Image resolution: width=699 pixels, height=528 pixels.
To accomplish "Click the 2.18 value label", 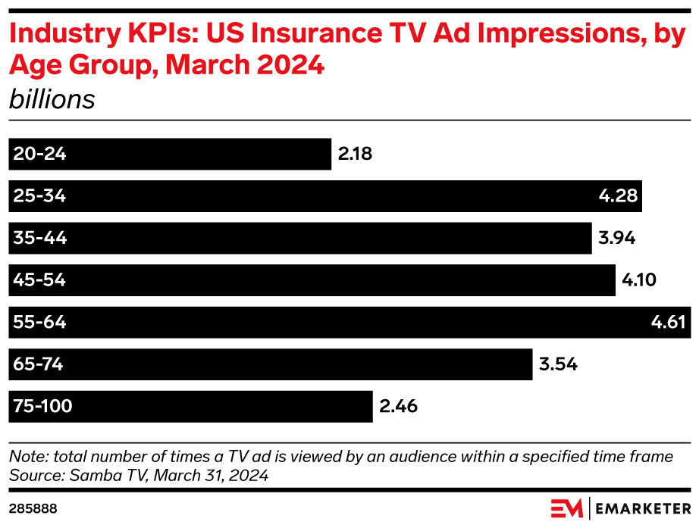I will click(355, 155).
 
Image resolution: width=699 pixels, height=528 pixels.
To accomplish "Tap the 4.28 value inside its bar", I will click(618, 196).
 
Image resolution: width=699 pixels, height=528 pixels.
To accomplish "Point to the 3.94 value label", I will click(616, 239).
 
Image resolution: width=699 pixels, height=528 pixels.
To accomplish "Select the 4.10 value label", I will click(638, 280).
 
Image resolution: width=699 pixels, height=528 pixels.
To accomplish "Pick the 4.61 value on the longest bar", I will click(668, 323).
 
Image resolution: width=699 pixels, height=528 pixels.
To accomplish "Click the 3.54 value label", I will click(558, 364).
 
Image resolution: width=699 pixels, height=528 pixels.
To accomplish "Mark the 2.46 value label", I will click(398, 407).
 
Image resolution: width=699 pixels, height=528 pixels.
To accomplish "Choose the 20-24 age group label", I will click(39, 155).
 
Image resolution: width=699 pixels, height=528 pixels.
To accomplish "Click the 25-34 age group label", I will click(39, 196).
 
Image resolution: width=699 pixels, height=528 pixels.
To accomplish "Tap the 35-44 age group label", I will click(40, 239).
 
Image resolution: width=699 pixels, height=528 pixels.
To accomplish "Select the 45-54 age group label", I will click(39, 280).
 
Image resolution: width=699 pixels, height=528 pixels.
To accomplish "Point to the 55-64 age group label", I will click(39, 323).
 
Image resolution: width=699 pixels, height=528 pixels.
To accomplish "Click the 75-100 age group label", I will click(43, 407).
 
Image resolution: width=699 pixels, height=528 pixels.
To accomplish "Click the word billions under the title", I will click(52, 99).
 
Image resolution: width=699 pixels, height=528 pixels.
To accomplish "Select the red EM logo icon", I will click(566, 508).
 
